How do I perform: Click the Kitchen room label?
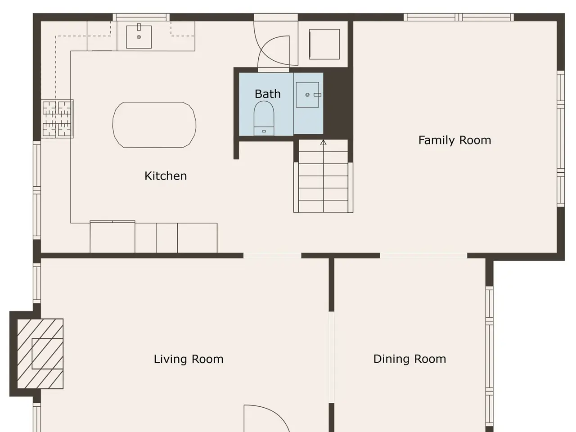[x=166, y=176]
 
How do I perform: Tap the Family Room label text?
[x=455, y=140]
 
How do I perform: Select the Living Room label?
[x=189, y=359]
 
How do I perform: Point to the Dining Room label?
[x=409, y=359]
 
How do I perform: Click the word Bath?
[x=268, y=94]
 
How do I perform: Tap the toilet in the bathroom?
[x=264, y=118]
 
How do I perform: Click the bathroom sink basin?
[x=307, y=94]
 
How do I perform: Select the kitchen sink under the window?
[x=139, y=37]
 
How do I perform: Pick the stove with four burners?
[x=57, y=119]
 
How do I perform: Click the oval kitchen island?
[x=154, y=125]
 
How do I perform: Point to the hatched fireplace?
[x=40, y=354]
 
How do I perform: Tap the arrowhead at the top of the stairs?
[x=323, y=143]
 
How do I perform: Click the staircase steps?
[x=323, y=176]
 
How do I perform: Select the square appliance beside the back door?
[x=324, y=44]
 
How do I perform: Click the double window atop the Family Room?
[x=459, y=17]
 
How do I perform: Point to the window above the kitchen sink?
[x=141, y=17]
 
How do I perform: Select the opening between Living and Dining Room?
[x=332, y=357]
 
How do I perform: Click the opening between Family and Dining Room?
[x=423, y=256]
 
